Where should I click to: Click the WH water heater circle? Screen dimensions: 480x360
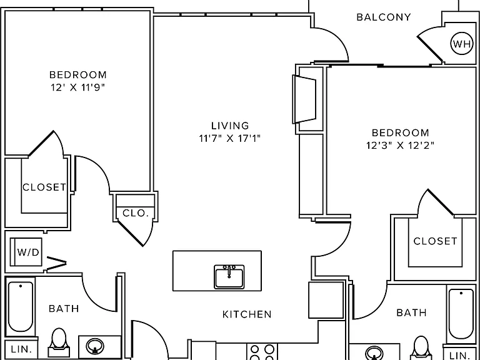[461, 44]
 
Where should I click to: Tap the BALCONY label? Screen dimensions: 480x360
[384, 17]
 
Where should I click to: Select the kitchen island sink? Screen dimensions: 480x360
[229, 277]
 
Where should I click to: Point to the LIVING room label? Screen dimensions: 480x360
[230, 126]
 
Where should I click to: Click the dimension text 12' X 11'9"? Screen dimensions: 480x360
[77, 88]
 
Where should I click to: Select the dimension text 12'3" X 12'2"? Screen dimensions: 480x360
[401, 146]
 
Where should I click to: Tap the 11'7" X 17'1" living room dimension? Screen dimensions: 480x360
[230, 139]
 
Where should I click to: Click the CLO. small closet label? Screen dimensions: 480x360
[136, 213]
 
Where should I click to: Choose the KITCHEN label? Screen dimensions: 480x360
[247, 314]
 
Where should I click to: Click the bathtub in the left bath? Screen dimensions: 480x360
[21, 306]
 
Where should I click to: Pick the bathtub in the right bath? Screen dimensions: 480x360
[461, 314]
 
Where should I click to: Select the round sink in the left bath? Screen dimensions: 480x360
[95, 346]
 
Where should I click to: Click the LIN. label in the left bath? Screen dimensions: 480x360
[21, 349]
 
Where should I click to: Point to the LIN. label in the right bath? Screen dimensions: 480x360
[460, 356]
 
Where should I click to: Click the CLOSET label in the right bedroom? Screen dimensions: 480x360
[435, 241]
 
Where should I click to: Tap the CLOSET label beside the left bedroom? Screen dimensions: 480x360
[44, 187]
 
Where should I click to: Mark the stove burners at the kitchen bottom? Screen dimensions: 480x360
[262, 352]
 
